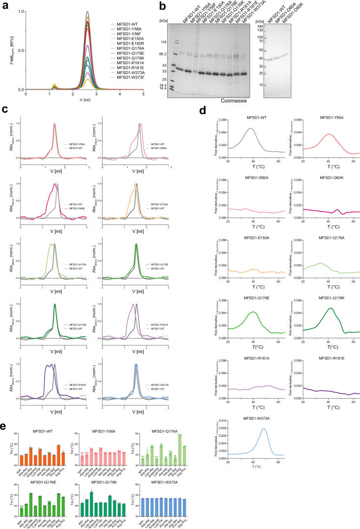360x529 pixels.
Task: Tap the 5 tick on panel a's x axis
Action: (x=143, y=94)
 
